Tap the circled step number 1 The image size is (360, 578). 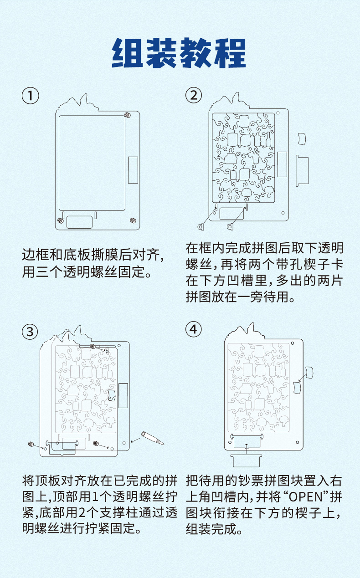pos(31,96)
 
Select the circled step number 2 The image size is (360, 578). pos(194,96)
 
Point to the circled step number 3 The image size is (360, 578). pos(31,332)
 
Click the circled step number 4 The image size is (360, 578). pos(194,330)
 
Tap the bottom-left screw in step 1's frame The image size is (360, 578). pos(60,220)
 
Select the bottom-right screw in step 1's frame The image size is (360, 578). pos(132,220)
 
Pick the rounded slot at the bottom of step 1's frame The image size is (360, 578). pos(80,222)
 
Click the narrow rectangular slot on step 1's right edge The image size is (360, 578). pos(133,169)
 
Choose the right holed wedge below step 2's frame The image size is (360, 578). pos(230,226)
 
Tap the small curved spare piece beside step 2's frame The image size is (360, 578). pos(301,138)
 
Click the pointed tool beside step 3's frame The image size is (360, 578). pos(152,438)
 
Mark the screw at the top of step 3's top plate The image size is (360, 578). pos(93,347)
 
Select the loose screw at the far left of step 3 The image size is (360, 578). pos(31,444)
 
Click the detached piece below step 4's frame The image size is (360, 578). pos(246,460)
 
